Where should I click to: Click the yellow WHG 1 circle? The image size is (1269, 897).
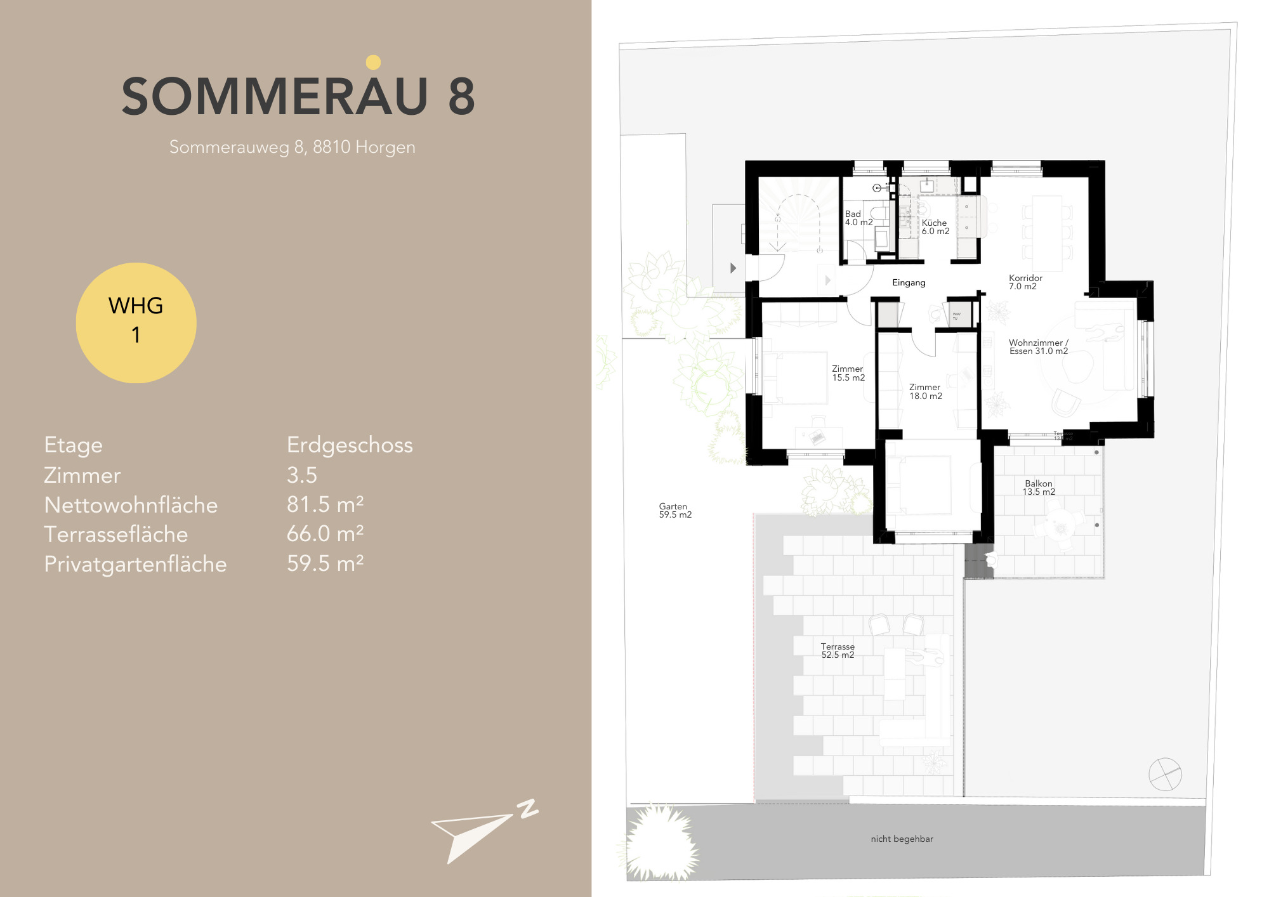(x=136, y=322)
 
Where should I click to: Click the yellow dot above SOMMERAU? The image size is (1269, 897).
(x=373, y=62)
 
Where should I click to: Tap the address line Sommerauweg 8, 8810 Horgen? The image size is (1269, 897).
(x=292, y=147)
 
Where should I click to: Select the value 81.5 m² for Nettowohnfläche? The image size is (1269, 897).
(x=325, y=504)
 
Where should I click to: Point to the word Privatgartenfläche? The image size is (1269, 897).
(x=135, y=564)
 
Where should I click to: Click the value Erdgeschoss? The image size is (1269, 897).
(x=350, y=445)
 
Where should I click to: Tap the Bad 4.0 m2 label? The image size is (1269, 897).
(x=858, y=218)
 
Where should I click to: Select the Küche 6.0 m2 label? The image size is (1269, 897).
(x=935, y=227)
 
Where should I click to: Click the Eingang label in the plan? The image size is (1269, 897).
(x=909, y=282)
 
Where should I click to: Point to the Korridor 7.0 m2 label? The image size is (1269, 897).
(x=1025, y=282)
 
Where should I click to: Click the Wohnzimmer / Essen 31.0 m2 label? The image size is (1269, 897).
(x=1038, y=347)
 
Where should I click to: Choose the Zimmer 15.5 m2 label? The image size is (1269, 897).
(x=848, y=373)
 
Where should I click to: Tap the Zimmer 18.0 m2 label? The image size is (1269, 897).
(x=925, y=391)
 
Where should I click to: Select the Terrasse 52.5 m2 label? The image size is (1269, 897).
(x=838, y=651)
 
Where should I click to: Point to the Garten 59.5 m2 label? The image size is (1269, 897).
(x=674, y=511)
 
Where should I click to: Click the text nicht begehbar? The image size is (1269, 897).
(x=902, y=839)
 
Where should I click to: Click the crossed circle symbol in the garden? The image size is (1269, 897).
(x=1165, y=774)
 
